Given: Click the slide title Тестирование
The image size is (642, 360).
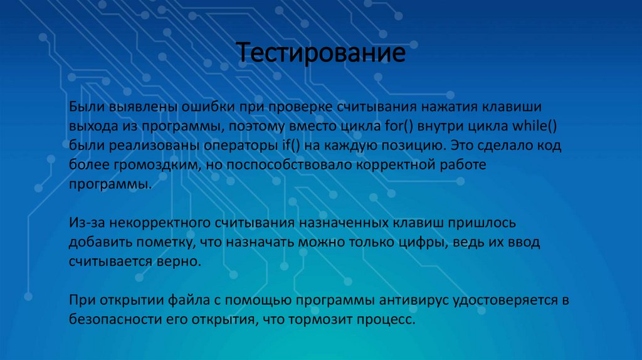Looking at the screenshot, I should coord(320,52).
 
